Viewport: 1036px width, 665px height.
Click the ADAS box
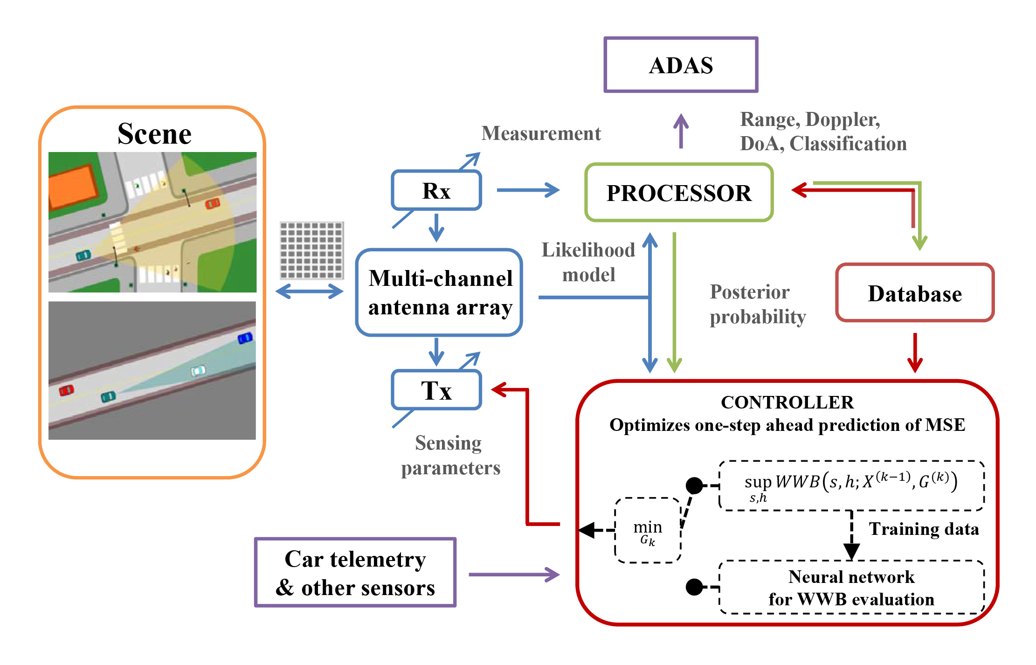(680, 65)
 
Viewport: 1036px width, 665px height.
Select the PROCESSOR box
(679, 193)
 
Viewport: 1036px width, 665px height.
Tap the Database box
(915, 293)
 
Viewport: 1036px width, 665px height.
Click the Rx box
(436, 190)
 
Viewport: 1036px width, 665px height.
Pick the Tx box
(436, 390)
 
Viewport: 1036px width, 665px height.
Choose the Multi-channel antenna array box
(439, 292)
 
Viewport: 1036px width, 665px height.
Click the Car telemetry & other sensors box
(355, 573)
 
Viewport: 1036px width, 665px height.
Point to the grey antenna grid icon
(311, 250)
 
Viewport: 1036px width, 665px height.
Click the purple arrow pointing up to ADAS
(681, 132)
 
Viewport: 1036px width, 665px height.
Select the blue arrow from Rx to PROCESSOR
(528, 190)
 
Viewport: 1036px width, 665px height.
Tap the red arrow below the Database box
(915, 353)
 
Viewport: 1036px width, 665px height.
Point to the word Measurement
(541, 133)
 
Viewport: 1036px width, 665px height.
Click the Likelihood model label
(588, 262)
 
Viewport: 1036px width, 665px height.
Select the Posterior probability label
(757, 304)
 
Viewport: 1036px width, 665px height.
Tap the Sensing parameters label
(450, 455)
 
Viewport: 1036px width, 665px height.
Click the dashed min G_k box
(648, 531)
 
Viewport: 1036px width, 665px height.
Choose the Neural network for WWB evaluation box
(851, 588)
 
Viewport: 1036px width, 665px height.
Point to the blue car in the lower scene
(245, 338)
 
